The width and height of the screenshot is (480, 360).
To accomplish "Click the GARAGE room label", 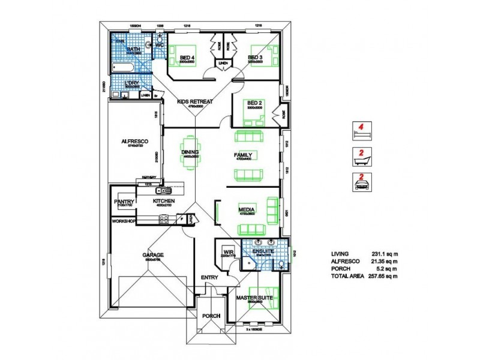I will coord(152,255).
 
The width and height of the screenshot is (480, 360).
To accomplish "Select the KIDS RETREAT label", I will coord(196,102).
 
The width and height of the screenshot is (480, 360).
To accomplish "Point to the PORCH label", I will coord(211,316).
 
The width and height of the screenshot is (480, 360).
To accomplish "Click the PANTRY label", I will coord(124,202).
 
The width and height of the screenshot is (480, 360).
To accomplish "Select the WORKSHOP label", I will coord(124,221).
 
